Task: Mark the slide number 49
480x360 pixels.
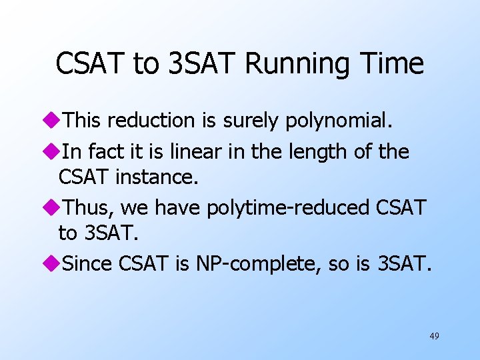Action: click(434, 336)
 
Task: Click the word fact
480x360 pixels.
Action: click(102, 151)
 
